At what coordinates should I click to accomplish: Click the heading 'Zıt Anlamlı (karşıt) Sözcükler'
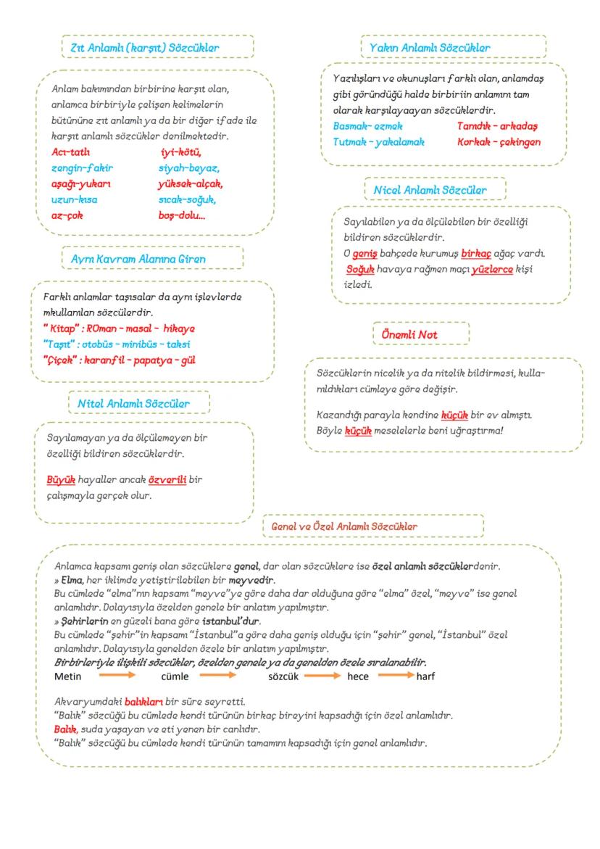coord(145,47)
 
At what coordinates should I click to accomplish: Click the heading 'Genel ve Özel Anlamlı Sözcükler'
coord(344,526)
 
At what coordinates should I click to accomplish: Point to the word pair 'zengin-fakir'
coord(82,167)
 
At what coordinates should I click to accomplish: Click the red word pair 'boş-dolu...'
coord(181,215)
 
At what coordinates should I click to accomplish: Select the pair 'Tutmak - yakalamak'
coord(378,142)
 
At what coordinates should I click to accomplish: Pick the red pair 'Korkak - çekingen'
coord(499,142)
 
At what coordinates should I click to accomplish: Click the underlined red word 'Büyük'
coord(61,480)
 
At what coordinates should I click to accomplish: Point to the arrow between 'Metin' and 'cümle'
coord(117,675)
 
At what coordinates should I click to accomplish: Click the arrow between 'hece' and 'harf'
coord(396,675)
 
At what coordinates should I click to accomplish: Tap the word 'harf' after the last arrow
coord(426,676)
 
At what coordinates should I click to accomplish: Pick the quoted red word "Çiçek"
coord(60,360)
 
